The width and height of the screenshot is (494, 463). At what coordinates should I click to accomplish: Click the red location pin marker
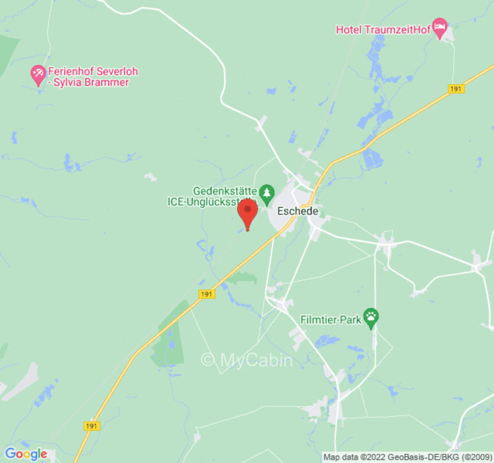tap(248, 212)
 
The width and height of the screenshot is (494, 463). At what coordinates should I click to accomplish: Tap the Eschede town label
tap(298, 211)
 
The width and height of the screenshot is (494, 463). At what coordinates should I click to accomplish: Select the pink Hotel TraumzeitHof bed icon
tap(440, 28)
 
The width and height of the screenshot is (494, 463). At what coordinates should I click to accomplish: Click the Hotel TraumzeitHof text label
tap(383, 30)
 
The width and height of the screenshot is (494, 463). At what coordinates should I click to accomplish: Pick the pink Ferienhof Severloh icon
tap(38, 75)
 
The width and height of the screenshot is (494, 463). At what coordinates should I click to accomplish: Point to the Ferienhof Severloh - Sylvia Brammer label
tap(93, 77)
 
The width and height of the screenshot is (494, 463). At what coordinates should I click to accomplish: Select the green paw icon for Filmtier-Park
tap(371, 318)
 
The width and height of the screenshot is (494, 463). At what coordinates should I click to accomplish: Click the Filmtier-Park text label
tap(330, 319)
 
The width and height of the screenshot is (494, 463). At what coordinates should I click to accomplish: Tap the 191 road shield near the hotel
tap(456, 89)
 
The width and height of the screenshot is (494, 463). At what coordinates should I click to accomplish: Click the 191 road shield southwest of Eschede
tap(207, 294)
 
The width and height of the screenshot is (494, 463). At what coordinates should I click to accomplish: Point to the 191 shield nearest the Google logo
tap(91, 425)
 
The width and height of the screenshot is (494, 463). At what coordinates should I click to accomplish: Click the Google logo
tap(26, 454)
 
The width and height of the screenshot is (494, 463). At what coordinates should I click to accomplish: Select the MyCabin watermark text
tap(247, 360)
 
